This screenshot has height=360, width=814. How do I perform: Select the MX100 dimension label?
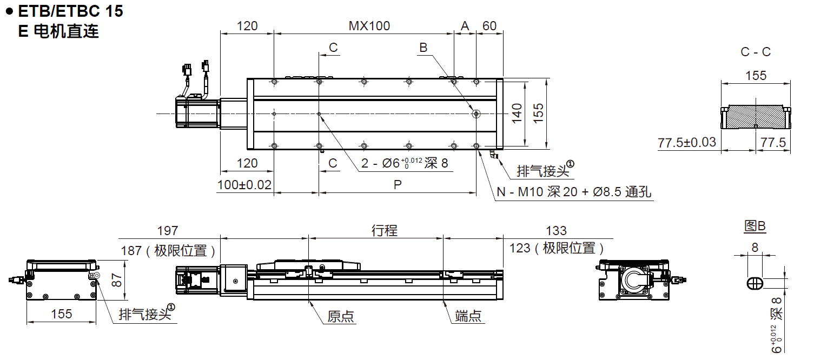coord(369,26)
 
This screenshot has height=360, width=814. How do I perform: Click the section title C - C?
coord(756,52)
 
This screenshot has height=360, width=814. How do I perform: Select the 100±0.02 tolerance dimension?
coord(244,185)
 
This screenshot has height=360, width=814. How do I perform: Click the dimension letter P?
coord(398,185)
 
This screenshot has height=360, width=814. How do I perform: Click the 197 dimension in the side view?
coord(167,231)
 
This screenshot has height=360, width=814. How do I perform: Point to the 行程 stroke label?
coord(384,231)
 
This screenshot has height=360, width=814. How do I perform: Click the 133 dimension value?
coord(556,231)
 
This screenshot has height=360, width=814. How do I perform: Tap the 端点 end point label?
coord(468,317)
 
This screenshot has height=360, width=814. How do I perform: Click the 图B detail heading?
coord(755,226)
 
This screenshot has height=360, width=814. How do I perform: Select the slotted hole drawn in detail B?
coord(755,283)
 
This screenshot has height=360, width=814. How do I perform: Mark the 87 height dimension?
coord(114,279)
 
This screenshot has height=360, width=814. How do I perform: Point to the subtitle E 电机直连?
coord(58,31)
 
